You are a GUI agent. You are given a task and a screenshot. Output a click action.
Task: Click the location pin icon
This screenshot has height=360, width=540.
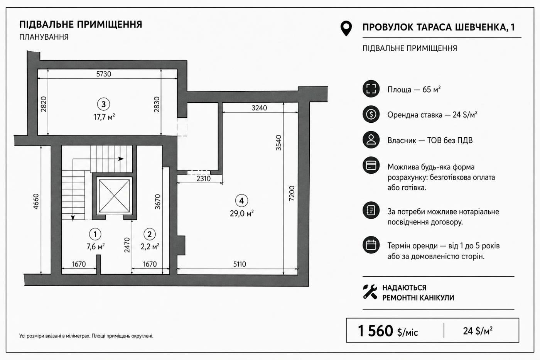click(346, 29)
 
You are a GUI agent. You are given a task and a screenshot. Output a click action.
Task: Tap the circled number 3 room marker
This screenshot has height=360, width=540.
click(104, 105)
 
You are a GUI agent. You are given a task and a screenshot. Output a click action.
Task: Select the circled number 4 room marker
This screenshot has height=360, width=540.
click(241, 201)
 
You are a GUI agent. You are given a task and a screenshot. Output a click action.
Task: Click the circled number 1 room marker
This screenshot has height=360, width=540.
click(95, 234)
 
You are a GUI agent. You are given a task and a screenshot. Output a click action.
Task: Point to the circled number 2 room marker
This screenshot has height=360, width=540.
click(150, 234)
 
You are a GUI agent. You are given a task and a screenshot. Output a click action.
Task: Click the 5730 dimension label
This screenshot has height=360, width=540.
click(104, 74)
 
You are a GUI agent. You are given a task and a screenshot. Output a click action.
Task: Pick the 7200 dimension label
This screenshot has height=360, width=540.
click(292, 193)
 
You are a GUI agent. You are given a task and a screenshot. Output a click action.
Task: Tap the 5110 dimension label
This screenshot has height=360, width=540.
click(240, 264)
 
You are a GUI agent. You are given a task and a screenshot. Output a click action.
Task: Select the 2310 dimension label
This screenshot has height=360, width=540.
click(204, 179)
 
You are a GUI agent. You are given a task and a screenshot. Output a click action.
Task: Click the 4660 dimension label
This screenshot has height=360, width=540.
click(35, 201)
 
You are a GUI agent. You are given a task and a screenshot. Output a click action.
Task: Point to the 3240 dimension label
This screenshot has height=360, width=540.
click(259, 108)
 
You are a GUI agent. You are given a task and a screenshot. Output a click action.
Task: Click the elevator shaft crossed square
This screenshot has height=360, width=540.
click(114, 196)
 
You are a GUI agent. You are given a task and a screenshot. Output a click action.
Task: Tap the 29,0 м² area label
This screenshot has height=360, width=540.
click(241, 213)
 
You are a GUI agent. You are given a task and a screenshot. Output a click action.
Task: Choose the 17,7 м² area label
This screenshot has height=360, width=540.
click(104, 117)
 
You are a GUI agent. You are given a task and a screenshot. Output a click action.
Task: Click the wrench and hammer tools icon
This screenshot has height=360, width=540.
click(370, 292)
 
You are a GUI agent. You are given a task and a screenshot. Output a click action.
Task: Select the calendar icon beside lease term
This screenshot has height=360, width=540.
click(371, 245)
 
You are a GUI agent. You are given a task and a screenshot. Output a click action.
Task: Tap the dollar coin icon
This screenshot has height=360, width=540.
click(371, 114)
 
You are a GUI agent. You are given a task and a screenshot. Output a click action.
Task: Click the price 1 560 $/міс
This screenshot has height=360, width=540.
click(388, 331)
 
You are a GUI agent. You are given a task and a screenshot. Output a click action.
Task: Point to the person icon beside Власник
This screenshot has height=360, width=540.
click(371, 140)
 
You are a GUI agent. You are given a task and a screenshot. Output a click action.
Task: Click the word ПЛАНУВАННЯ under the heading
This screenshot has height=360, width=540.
click(44, 37)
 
